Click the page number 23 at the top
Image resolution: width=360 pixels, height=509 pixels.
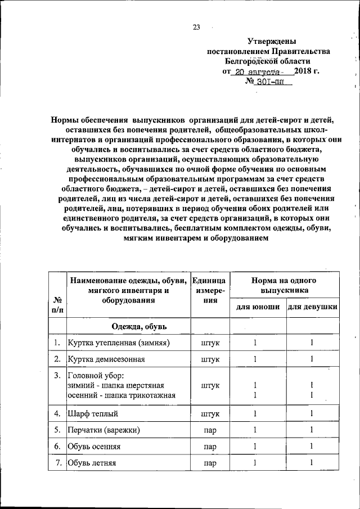196,27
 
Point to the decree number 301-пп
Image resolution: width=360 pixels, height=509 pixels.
272,82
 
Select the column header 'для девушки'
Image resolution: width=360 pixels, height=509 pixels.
312,307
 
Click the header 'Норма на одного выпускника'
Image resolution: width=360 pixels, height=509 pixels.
283,285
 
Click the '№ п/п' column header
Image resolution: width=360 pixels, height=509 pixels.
57,304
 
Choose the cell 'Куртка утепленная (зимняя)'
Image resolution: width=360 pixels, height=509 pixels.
119,342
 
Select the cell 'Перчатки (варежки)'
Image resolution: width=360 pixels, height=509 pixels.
103,430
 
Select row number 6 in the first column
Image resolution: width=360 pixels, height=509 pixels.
57,447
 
